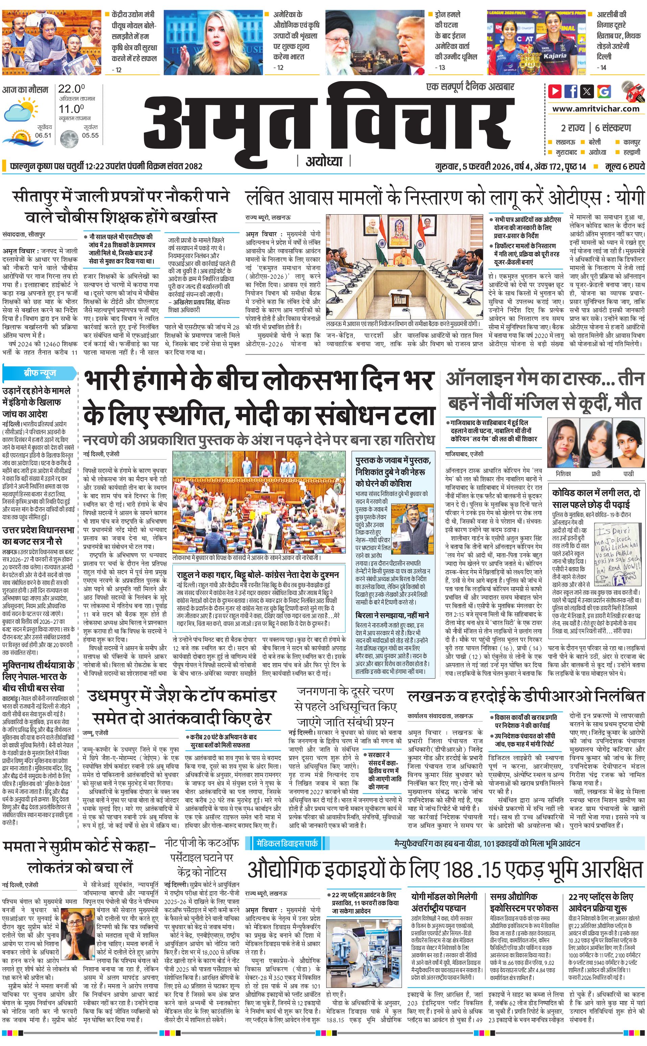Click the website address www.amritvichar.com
[596, 109]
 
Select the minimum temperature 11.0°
[71, 109]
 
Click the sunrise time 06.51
[43, 135]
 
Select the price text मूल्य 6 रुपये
[624, 166]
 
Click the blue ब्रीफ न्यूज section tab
[39, 373]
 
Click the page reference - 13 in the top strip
[439, 67]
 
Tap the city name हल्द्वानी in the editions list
[631, 152]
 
